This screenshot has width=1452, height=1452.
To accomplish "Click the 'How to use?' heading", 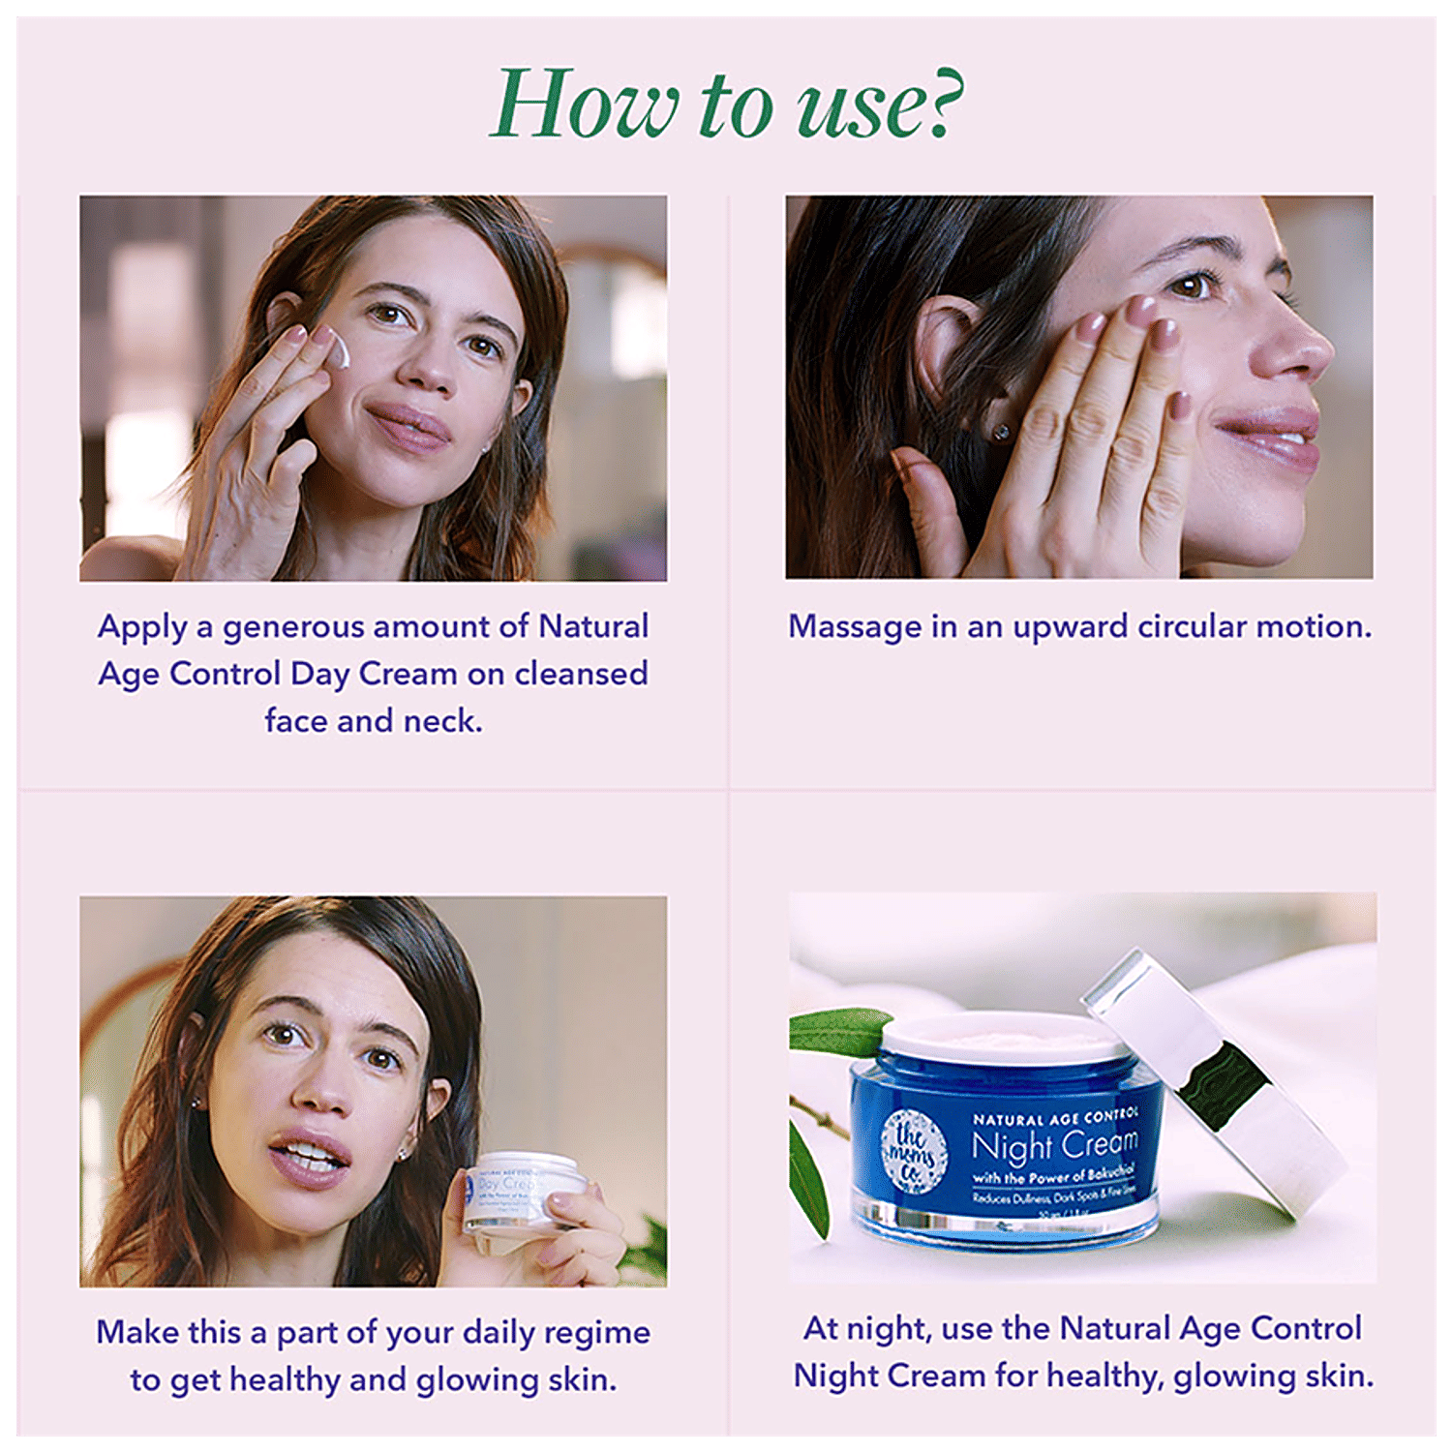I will click(726, 105).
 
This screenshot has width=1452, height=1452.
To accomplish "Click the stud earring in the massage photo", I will click(1003, 431).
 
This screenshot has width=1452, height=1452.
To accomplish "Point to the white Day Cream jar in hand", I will click(523, 1191).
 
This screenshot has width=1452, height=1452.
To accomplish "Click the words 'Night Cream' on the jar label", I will click(1055, 1146).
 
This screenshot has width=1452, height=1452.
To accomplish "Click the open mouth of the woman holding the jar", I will click(308, 1157).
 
